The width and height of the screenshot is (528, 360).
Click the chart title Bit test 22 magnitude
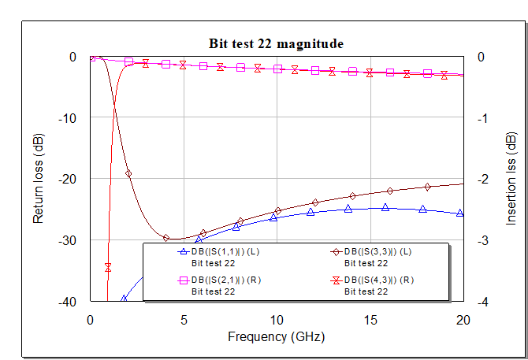275,43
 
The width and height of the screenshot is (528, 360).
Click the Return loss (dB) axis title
39,179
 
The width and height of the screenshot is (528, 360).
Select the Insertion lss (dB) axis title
511,179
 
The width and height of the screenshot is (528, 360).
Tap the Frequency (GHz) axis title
276,336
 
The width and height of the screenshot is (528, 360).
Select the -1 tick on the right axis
482,118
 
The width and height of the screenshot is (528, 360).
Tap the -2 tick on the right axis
482,179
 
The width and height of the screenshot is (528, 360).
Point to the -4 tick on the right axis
482,302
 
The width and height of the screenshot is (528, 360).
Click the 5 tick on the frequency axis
184,320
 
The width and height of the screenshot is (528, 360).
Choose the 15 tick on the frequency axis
370,320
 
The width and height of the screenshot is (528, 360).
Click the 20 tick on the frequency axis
463,320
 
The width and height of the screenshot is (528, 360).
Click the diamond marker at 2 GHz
128,173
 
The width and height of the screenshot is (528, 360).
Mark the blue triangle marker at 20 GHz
461,213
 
